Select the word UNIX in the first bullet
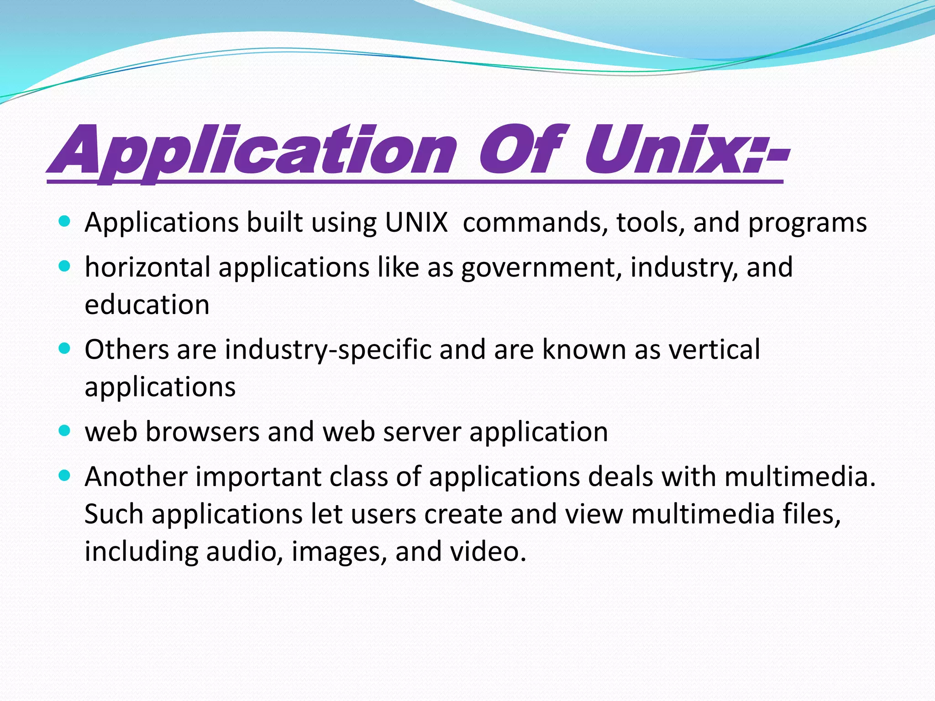coord(416,223)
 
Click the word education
coord(147,305)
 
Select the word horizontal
coord(147,267)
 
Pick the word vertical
coord(714,350)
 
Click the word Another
coord(136,477)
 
